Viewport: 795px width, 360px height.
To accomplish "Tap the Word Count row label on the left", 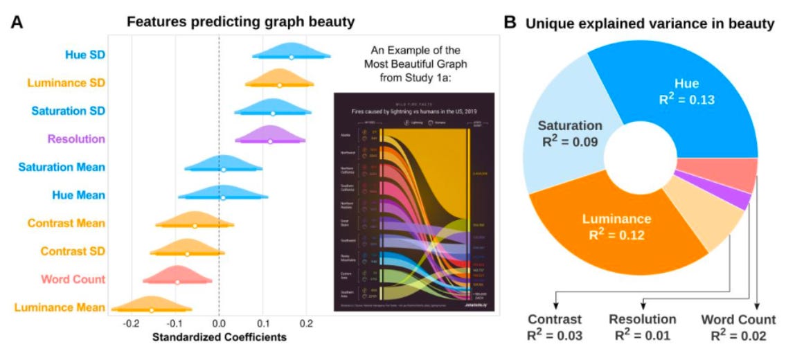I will pyautogui.click(x=72, y=280).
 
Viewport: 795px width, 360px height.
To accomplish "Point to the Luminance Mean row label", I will pyautogui.click(x=66, y=307).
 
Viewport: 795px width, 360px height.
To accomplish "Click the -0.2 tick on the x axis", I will pyautogui.click(x=130, y=323).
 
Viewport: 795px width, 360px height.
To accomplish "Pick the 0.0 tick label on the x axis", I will pyautogui.click(x=218, y=323).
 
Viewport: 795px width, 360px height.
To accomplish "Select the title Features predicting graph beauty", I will pyautogui.click(x=240, y=22).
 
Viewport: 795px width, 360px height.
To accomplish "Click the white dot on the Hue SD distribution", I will pyautogui.click(x=291, y=57).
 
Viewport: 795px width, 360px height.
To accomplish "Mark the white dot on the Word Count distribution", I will pyautogui.click(x=177, y=282).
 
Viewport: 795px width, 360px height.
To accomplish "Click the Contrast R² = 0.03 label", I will pyautogui.click(x=555, y=327).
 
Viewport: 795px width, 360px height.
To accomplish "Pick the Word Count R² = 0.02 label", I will pyautogui.click(x=738, y=327).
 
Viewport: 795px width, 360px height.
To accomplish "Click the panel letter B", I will pyautogui.click(x=509, y=22).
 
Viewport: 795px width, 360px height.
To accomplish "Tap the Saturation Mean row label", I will pyautogui.click(x=62, y=167).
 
